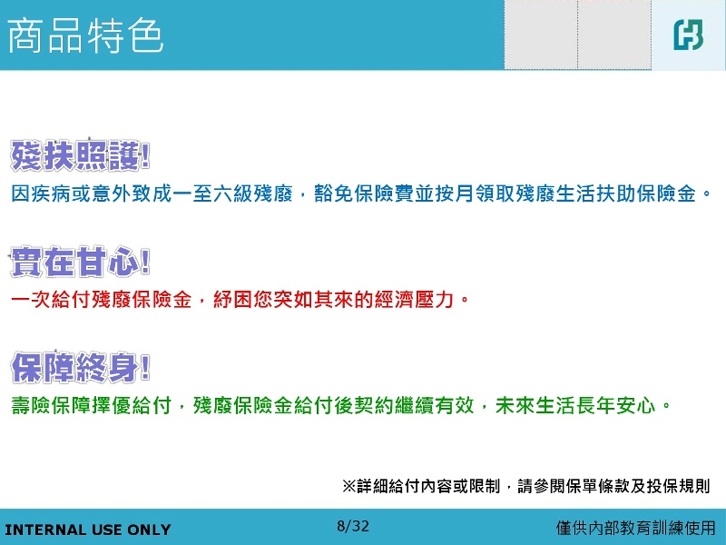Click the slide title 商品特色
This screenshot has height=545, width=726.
85,35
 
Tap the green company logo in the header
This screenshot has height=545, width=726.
688,35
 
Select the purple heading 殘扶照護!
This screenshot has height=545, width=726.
80,155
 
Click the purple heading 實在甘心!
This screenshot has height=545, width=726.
80,262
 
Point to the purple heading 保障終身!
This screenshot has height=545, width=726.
81,367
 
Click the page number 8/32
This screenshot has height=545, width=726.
353,526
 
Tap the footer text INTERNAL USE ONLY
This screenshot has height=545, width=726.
87,530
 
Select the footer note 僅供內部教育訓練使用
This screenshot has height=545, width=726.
635,528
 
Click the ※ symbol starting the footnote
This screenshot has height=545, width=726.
349,486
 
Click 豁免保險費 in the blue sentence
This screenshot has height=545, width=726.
364,193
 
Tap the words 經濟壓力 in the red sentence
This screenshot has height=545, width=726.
414,300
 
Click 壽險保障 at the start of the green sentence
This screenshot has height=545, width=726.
51,405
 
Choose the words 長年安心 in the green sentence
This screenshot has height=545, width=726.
616,405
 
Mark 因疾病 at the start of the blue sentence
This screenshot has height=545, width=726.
41,193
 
